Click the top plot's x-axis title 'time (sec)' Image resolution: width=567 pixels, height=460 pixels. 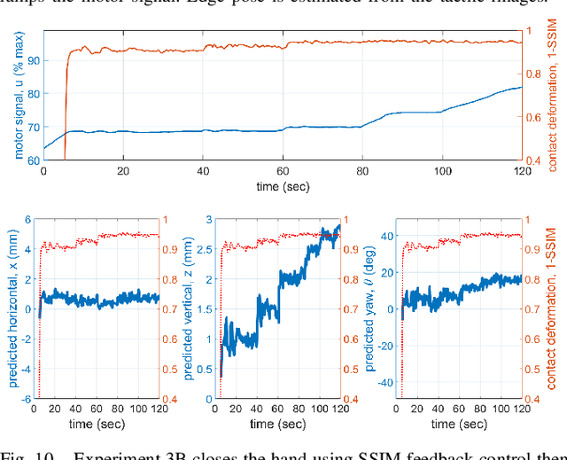[282, 186]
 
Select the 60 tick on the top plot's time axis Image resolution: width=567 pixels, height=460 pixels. [283, 171]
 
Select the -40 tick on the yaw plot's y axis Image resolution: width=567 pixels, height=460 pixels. [386, 383]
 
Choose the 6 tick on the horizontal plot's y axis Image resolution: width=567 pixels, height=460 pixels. [28, 219]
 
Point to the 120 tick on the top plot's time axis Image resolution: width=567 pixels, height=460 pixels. [521, 171]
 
